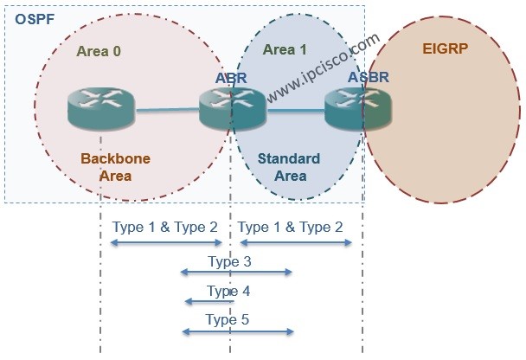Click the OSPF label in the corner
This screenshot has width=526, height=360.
[x=29, y=16]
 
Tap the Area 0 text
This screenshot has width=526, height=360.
[x=99, y=51]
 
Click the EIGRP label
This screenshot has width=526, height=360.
[x=445, y=48]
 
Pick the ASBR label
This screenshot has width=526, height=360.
[x=368, y=79]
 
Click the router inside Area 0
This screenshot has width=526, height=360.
[x=101, y=110]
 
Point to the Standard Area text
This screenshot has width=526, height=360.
[x=290, y=167]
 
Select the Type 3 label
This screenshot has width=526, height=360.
[x=229, y=260]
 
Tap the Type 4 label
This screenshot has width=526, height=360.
[x=229, y=290]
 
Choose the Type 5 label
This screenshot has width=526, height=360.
[x=228, y=319]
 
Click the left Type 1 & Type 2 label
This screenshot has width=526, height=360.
[x=164, y=227]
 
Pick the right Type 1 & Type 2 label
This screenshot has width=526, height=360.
[x=291, y=227]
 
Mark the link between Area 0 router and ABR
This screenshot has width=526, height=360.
[x=166, y=110]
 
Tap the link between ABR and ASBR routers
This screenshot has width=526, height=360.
[x=294, y=111]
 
